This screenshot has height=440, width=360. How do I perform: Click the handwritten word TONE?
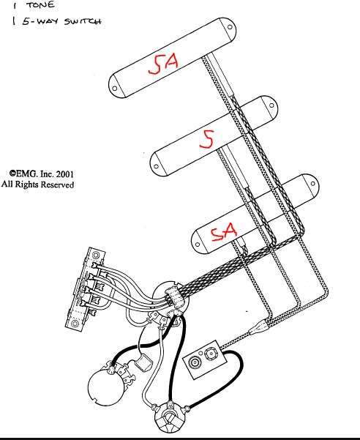point(40,4)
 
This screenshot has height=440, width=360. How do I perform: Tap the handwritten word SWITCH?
point(83,21)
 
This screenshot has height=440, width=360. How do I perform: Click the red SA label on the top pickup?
point(163,64)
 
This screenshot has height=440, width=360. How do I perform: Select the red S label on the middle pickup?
point(207,139)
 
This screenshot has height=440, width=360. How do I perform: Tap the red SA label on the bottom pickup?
point(224,232)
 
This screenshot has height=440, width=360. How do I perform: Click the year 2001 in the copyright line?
point(65,174)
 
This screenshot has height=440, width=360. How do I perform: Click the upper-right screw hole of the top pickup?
point(230,27)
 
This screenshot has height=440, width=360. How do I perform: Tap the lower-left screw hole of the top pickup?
point(114,89)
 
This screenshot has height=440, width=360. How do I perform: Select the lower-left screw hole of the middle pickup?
point(156,167)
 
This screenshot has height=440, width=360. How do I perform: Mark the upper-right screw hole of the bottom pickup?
point(312,184)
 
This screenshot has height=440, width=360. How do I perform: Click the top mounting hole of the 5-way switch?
point(96,255)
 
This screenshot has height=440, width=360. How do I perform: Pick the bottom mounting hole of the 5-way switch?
point(75,324)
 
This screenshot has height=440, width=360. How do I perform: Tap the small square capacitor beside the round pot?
point(143,362)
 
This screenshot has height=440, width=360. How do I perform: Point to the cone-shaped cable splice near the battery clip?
point(258,327)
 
